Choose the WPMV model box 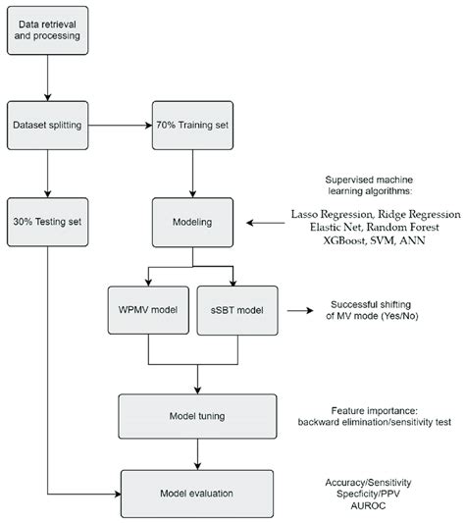tap(145, 311)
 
